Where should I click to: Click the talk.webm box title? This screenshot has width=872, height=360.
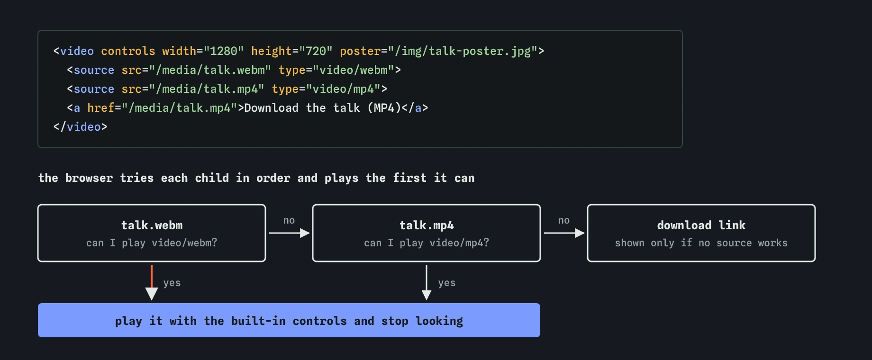(x=152, y=225)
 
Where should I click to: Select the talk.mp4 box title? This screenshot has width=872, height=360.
(x=427, y=225)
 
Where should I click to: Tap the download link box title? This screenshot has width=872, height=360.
(x=701, y=225)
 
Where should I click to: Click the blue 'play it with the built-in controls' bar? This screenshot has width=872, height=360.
(x=289, y=320)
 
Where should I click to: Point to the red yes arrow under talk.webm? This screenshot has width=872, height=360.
(x=152, y=283)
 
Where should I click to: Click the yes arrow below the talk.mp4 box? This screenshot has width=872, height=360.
(x=427, y=283)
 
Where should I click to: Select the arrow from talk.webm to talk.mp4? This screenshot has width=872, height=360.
(x=290, y=233)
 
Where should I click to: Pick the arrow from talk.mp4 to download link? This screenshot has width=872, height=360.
(x=564, y=233)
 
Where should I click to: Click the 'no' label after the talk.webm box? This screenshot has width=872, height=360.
(x=289, y=220)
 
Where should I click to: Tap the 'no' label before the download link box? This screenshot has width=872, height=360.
(x=564, y=220)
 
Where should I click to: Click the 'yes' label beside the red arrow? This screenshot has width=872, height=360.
(x=172, y=283)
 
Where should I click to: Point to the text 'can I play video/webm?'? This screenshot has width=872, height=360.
(x=152, y=243)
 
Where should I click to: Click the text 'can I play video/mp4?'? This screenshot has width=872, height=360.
(x=427, y=243)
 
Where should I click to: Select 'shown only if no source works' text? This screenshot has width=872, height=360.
(x=701, y=243)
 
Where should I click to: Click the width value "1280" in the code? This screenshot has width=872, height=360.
(x=224, y=51)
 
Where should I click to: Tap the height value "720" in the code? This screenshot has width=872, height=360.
(x=316, y=51)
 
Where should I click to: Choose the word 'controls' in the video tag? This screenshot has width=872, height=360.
(x=128, y=51)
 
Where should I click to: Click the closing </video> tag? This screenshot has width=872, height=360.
(x=81, y=127)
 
